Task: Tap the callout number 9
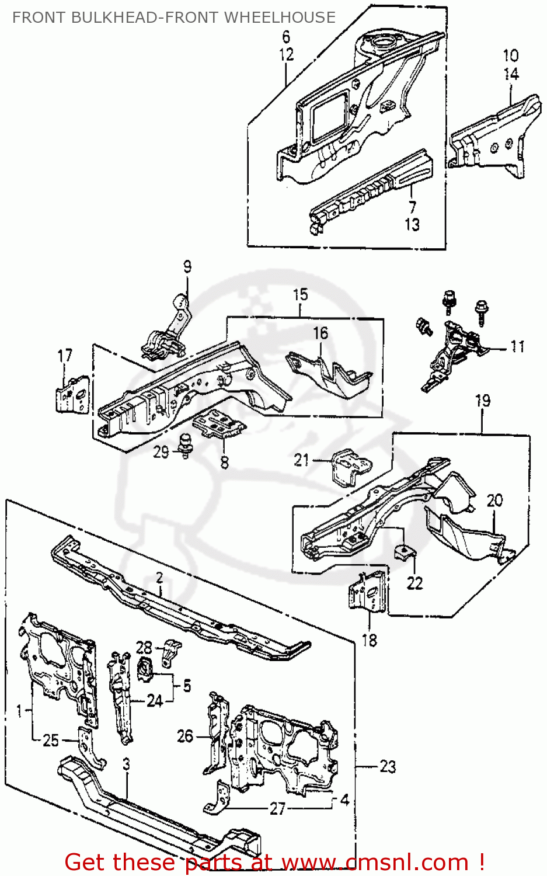pyautogui.click(x=187, y=267)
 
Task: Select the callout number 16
pyautogui.click(x=320, y=333)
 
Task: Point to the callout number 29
pyautogui.click(x=161, y=451)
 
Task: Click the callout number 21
pyautogui.click(x=301, y=460)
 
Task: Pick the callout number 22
pyautogui.click(x=414, y=583)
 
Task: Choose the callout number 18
pyautogui.click(x=370, y=640)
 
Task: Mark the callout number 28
pyautogui.click(x=144, y=647)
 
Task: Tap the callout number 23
pyautogui.click(x=388, y=766)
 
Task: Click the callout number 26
pyautogui.click(x=185, y=736)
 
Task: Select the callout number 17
pyautogui.click(x=65, y=356)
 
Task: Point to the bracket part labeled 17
pyautogui.click(x=73, y=395)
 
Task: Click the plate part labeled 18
pyautogui.click(x=368, y=593)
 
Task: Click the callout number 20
pyautogui.click(x=494, y=500)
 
